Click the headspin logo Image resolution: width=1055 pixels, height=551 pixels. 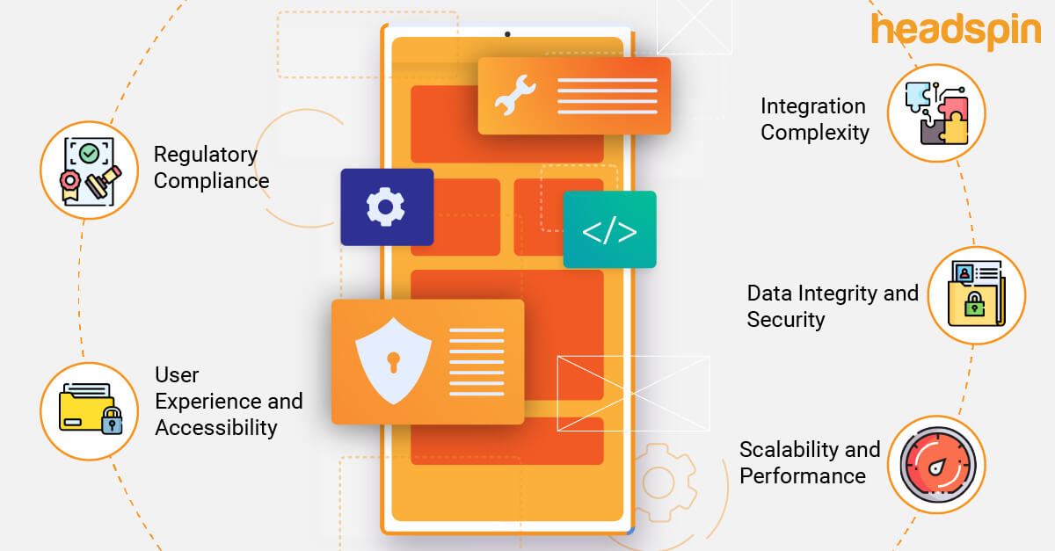[956, 31]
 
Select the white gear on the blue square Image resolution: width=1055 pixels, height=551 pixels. [386, 207]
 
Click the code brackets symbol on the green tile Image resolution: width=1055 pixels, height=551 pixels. [609, 230]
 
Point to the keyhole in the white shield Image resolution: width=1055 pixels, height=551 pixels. [393, 360]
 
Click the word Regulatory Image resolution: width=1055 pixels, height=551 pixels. [206, 155]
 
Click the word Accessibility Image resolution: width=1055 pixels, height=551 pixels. [216, 428]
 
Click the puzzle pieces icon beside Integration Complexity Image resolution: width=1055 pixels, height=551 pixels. [936, 113]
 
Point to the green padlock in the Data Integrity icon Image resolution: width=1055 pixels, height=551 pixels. [973, 305]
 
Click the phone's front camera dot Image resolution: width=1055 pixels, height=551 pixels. [507, 35]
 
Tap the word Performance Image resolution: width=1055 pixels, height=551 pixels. [803, 476]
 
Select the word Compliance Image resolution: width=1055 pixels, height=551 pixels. [211, 181]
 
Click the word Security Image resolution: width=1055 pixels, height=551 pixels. [786, 320]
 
